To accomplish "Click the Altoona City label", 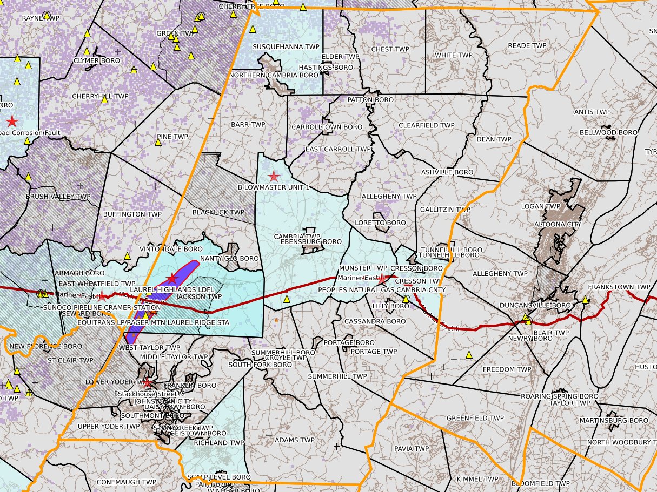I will tap(556, 224).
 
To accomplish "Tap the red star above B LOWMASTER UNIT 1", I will tap(274, 176).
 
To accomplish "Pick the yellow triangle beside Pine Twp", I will tap(158, 142).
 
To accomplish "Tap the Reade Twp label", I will tap(527, 46).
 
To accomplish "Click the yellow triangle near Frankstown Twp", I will tap(585, 299).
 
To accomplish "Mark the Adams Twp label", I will tap(294, 440).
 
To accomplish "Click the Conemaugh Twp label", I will tap(127, 482).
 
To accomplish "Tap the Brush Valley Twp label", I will tap(58, 197).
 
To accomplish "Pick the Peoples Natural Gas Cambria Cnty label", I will tap(382, 290).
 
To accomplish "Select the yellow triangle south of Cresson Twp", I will tap(406, 299).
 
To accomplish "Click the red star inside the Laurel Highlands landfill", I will tap(172, 278).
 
